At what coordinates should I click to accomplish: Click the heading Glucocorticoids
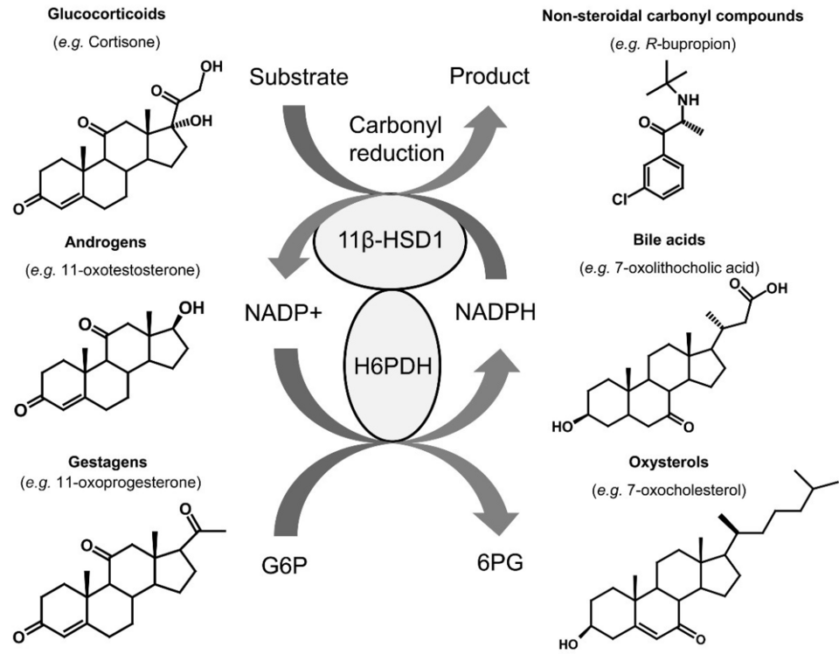[108, 14]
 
